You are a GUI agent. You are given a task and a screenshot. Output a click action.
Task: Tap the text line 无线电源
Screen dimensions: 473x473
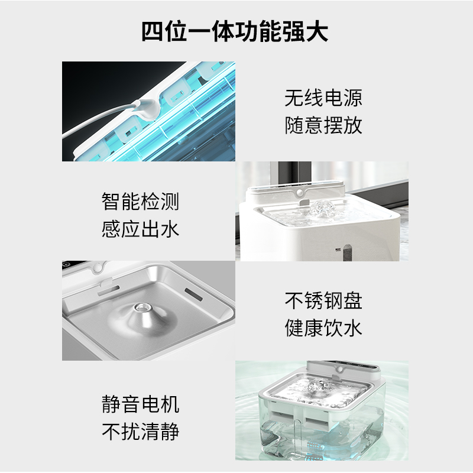click(x=323, y=98)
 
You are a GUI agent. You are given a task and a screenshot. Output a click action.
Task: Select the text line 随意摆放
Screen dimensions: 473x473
click(x=323, y=125)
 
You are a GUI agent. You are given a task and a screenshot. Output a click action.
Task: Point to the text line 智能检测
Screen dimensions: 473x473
click(x=140, y=202)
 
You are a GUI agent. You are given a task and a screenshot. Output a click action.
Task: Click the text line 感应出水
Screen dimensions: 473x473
click(x=140, y=229)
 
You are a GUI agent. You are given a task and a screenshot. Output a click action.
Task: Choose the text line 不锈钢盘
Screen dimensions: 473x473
click(x=323, y=300)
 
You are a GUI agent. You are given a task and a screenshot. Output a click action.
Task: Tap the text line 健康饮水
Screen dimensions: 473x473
click(x=323, y=328)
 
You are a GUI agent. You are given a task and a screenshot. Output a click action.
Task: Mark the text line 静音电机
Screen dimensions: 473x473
click(x=140, y=404)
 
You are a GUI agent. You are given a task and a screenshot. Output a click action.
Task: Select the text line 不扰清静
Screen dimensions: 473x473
click(x=140, y=432)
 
